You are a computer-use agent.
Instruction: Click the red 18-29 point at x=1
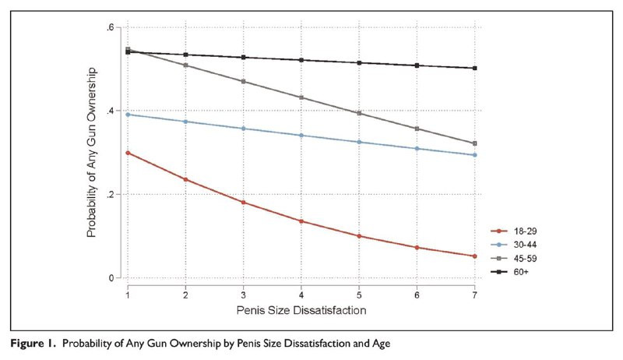coord(127,153)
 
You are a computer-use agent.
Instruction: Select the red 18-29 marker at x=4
coord(301,221)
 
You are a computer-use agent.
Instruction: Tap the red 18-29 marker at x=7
coord(474,256)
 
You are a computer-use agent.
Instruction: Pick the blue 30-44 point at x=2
coord(185,122)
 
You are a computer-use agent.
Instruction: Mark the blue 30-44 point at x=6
coord(417,148)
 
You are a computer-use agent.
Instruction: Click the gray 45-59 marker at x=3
coord(243,81)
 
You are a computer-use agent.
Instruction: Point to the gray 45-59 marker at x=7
coord(474,143)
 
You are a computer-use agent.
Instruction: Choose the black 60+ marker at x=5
coord(358,62)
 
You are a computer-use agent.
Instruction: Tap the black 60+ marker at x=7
coord(474,68)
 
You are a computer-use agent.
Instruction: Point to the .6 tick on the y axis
coord(112,27)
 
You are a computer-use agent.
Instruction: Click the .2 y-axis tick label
coord(112,194)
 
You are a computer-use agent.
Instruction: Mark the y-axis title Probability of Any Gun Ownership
coord(91,153)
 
